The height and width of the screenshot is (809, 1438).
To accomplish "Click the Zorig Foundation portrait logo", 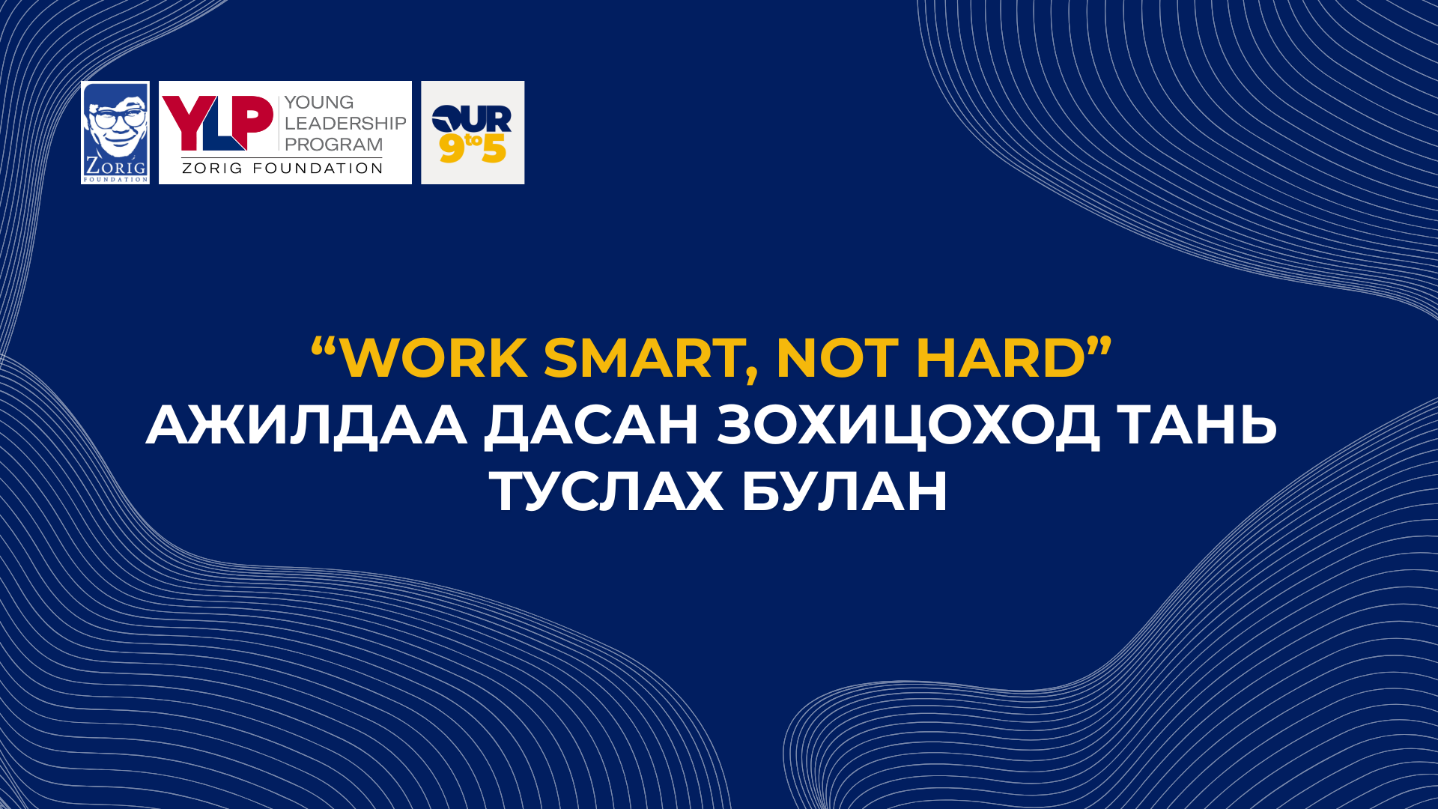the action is tap(115, 133).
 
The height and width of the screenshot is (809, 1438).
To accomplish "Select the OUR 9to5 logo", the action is tap(473, 133).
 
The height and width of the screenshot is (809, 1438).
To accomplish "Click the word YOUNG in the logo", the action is tap(319, 103).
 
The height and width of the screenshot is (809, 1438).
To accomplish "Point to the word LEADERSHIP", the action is tap(345, 123).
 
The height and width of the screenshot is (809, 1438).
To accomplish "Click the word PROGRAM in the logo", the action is tap(333, 144).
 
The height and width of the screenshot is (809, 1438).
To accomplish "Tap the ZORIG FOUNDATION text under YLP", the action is tap(282, 169).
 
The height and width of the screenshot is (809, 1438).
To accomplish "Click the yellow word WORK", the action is tap(434, 358).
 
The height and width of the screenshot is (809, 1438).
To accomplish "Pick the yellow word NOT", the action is tap(837, 358).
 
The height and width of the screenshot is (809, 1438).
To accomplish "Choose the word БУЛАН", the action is tap(845, 491).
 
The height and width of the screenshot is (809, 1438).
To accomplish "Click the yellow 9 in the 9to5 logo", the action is tap(452, 148).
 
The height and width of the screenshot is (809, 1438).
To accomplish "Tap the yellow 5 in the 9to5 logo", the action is tap(494, 148).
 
